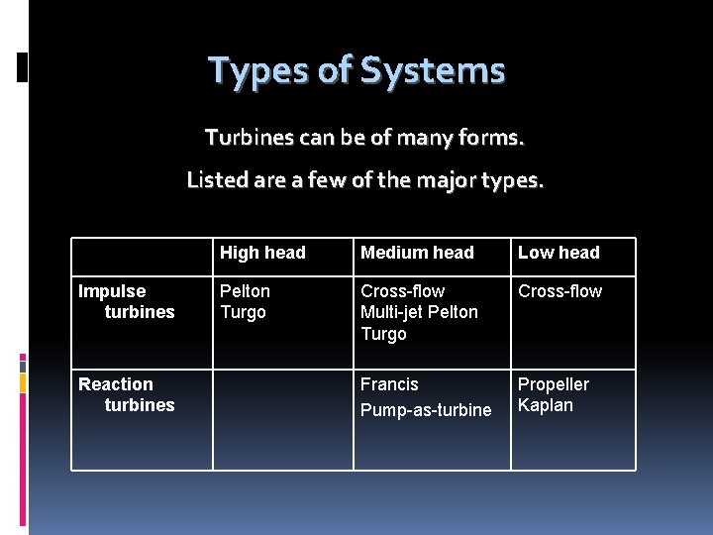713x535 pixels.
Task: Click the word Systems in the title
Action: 433,71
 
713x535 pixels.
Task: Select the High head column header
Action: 262,253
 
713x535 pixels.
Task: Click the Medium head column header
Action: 417,253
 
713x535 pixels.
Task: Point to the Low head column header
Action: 559,253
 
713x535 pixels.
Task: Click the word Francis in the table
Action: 389,384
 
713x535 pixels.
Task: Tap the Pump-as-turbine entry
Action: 426,409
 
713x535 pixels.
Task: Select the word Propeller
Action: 554,384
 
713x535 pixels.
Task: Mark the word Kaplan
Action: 546,405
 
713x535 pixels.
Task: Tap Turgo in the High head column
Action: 243,312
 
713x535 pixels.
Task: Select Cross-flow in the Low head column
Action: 560,291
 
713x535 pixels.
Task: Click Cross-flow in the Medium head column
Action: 402,291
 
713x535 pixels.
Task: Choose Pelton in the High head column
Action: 245,291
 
